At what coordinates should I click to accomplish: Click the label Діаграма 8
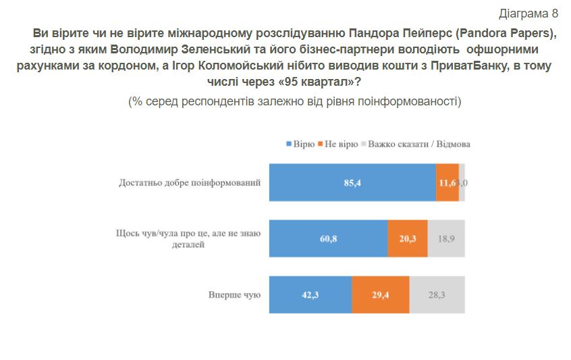click(528, 14)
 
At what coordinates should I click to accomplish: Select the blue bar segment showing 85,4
click(352, 182)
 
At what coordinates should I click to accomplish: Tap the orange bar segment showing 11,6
click(447, 182)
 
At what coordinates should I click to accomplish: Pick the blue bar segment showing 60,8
click(329, 238)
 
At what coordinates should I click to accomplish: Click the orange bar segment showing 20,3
click(408, 238)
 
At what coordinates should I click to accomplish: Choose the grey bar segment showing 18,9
click(446, 238)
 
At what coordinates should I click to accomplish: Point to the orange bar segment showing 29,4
click(381, 294)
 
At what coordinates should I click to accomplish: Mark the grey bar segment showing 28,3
click(437, 294)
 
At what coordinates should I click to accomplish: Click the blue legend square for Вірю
click(289, 145)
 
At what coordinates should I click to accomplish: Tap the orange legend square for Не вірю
click(321, 145)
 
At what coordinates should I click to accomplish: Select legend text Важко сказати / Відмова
click(420, 145)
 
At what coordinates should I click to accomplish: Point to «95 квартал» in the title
click(332, 82)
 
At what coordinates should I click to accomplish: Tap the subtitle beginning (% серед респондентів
click(295, 101)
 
